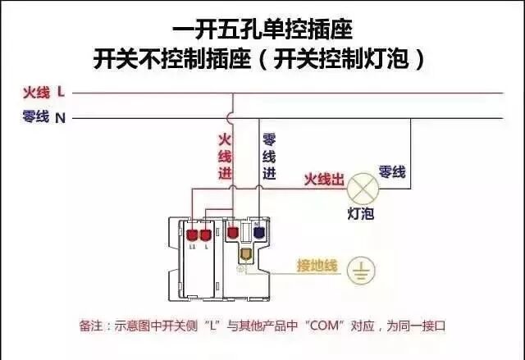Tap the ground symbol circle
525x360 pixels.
[x=358, y=268]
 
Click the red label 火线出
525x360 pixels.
[x=324, y=178]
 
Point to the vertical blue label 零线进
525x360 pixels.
[x=268, y=157]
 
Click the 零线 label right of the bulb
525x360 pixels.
[x=392, y=171]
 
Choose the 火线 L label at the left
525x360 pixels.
[x=43, y=92]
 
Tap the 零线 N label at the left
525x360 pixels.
[x=43, y=117]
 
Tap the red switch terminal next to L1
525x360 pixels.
[x=206, y=232]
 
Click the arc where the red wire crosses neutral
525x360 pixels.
[x=233, y=118]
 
